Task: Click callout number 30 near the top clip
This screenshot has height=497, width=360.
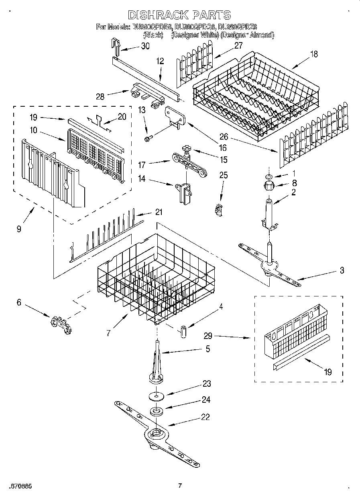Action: pyautogui.click(x=145, y=46)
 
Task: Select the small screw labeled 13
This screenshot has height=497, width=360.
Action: pyautogui.click(x=147, y=139)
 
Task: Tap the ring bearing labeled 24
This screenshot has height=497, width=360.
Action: pyautogui.click(x=155, y=412)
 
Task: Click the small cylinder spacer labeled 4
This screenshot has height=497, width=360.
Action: pyautogui.click(x=183, y=331)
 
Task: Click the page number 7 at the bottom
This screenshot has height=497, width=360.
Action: pyautogui.click(x=180, y=486)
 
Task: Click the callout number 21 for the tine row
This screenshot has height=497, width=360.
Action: pyautogui.click(x=159, y=212)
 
